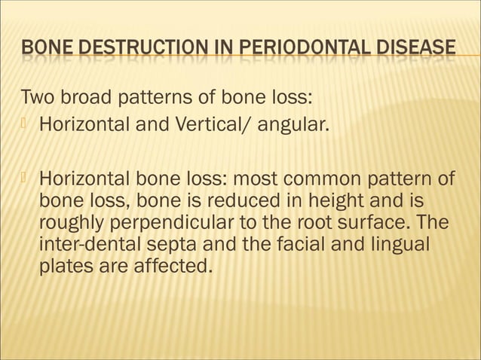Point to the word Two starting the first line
point(37,98)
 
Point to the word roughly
point(70,224)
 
